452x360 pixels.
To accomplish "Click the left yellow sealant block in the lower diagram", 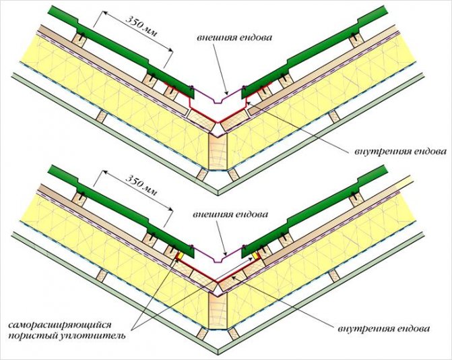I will pyautogui.click(x=179, y=257).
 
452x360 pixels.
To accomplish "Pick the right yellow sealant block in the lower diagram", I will pyautogui.click(x=257, y=257).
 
